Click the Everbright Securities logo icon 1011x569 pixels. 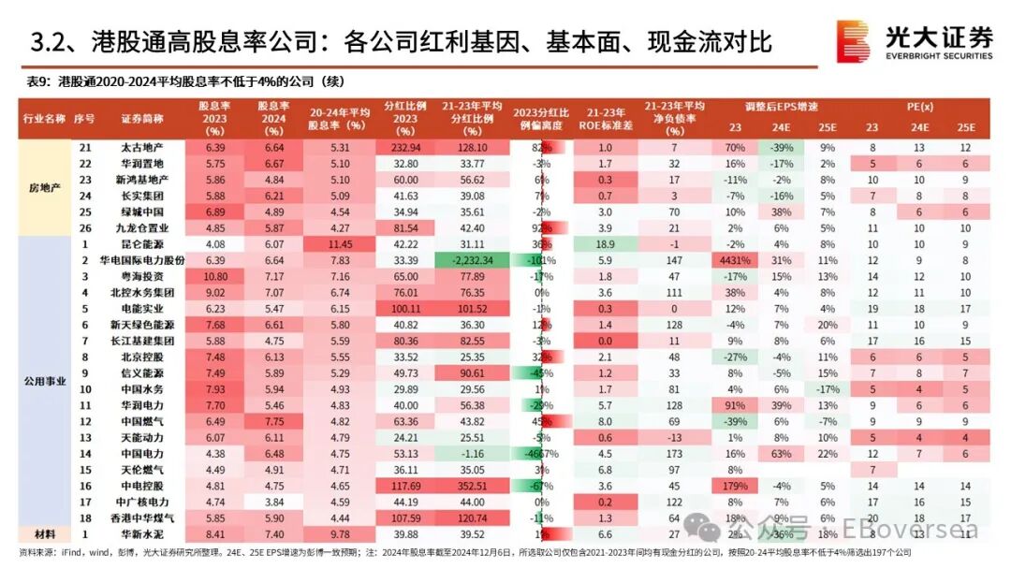[853, 41]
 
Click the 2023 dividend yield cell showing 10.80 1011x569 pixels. [216, 277]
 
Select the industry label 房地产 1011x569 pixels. [46, 188]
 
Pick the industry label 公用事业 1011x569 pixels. [46, 382]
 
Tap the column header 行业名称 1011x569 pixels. [46, 119]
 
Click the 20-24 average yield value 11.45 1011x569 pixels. [335, 243]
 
